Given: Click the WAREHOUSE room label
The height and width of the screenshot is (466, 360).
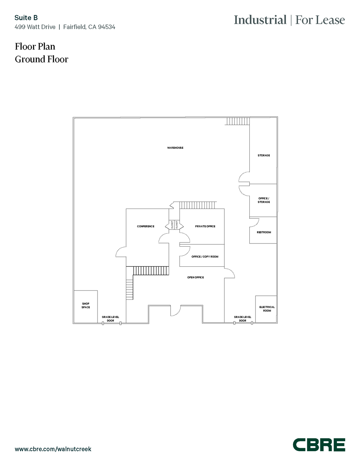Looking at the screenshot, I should point(175,148).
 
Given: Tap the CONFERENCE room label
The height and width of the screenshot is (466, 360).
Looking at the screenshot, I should point(146,226).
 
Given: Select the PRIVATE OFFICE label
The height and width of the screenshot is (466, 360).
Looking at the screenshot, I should point(205,226).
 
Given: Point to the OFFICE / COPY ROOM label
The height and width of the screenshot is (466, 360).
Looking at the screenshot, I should point(205,257).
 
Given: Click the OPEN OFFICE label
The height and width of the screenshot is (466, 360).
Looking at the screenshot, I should point(195,277).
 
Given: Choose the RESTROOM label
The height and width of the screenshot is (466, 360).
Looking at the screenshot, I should point(264,232).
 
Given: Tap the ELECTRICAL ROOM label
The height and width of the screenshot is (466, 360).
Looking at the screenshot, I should point(267,309).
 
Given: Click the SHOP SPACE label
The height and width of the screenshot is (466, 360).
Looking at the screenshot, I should point(86,305).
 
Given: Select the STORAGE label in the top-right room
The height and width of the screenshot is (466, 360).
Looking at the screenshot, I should point(264,155).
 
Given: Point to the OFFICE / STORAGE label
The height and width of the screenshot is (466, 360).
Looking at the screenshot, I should point(264,200).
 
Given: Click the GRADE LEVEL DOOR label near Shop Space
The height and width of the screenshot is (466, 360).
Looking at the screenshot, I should point(111,319).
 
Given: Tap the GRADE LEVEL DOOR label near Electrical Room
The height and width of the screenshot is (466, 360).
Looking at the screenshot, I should point(242,319).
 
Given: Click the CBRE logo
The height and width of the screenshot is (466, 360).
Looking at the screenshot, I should point(318,445).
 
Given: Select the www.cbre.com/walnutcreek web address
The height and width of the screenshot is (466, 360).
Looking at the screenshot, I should point(53,449).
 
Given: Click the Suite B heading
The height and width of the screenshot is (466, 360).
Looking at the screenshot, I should point(26,17).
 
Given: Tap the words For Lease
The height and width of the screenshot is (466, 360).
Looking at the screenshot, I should point(320,20).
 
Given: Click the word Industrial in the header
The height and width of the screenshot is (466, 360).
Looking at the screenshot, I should point(260,20).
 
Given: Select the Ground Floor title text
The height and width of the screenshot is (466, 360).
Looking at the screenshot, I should point(42,59).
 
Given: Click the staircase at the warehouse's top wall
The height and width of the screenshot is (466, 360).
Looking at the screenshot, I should point(237,121).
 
